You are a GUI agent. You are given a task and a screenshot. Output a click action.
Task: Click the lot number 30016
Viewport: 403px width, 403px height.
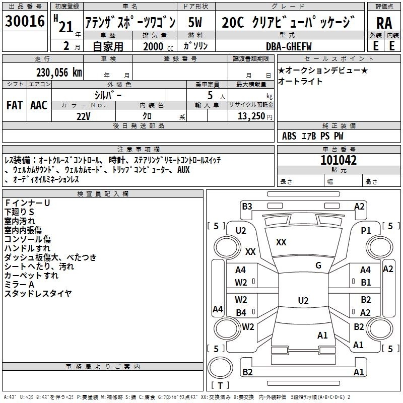click(25, 21)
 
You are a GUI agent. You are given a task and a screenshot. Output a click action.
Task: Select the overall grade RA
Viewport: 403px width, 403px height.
click(384, 23)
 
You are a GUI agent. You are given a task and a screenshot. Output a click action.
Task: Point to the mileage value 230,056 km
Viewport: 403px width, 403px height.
click(59, 73)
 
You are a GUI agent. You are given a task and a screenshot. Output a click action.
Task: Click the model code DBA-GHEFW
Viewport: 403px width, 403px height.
click(289, 46)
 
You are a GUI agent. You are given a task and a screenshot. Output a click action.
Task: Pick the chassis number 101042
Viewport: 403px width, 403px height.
click(339, 160)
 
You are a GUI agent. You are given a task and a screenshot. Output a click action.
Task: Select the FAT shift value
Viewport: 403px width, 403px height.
click(15, 105)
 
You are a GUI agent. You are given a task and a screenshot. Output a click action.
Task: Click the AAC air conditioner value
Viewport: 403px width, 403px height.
click(39, 105)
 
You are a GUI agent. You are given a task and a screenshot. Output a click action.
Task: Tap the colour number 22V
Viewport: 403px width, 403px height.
click(84, 116)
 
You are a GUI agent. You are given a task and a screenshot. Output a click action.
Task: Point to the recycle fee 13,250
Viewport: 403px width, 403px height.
click(251, 116)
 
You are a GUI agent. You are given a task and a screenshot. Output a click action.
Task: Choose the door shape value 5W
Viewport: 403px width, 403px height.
click(195, 22)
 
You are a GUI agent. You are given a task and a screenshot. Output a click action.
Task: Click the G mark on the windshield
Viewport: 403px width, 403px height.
click(318, 265)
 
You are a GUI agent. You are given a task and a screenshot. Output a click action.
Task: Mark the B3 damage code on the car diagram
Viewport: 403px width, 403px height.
click(247, 207)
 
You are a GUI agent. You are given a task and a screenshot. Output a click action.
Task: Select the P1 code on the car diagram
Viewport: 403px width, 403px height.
click(366, 231)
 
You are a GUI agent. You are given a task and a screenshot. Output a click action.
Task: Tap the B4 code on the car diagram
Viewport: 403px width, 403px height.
click(241, 312)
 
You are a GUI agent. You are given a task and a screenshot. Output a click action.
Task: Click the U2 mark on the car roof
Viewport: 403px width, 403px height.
click(303, 300)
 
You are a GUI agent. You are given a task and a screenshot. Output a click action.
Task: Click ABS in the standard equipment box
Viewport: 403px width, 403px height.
click(289, 136)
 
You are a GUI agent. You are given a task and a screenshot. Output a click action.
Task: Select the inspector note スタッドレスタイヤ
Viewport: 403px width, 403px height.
click(38, 293)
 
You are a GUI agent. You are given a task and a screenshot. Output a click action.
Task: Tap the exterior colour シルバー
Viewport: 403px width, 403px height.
click(108, 95)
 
